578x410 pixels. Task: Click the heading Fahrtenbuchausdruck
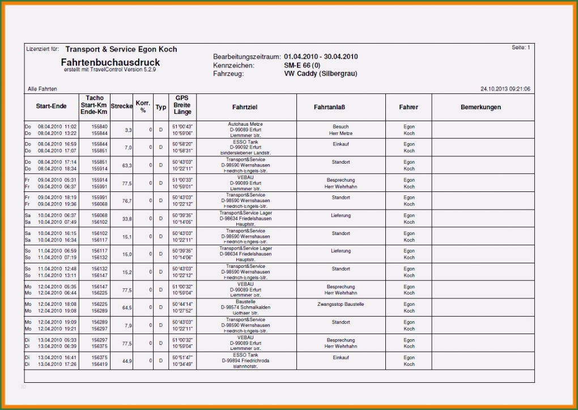(x=110, y=62)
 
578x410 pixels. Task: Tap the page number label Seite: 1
(x=521, y=48)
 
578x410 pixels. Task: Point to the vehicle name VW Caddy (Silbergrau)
(x=320, y=74)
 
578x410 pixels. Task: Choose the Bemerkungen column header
(x=481, y=107)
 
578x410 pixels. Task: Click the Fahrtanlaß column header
(x=329, y=107)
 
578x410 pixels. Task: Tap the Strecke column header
(x=122, y=106)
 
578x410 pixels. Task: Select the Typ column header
(x=161, y=107)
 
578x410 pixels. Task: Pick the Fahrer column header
(x=409, y=107)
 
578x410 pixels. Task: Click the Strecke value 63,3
(x=127, y=165)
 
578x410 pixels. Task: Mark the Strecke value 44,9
(x=127, y=361)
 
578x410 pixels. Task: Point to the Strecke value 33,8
(x=127, y=219)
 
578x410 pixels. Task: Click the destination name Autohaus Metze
(x=245, y=124)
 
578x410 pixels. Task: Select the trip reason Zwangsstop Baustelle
(x=341, y=305)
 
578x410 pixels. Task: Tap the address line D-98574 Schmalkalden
(x=245, y=308)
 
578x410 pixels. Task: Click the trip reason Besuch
(x=341, y=127)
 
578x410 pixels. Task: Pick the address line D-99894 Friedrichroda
(x=245, y=361)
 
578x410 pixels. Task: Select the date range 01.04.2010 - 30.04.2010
(x=321, y=57)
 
